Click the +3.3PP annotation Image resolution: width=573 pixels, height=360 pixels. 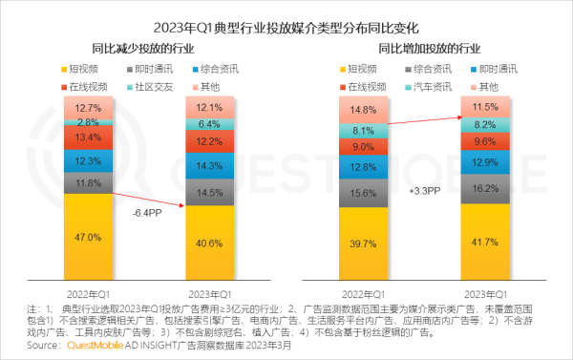tap(424, 191)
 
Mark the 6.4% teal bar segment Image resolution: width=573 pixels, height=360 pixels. tap(209, 124)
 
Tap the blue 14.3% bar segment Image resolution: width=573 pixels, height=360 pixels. tap(209, 165)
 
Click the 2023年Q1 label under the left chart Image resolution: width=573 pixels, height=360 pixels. tap(209, 292)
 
